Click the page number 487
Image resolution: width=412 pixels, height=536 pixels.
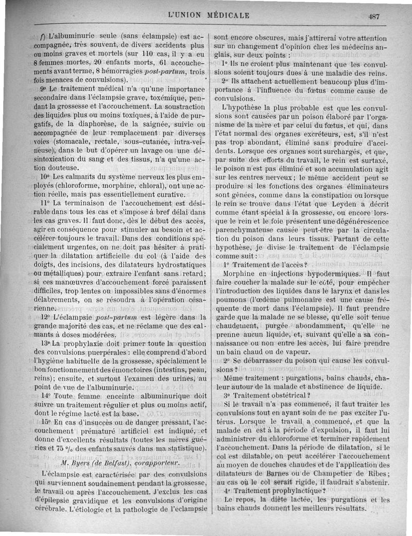(x=374, y=16)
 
